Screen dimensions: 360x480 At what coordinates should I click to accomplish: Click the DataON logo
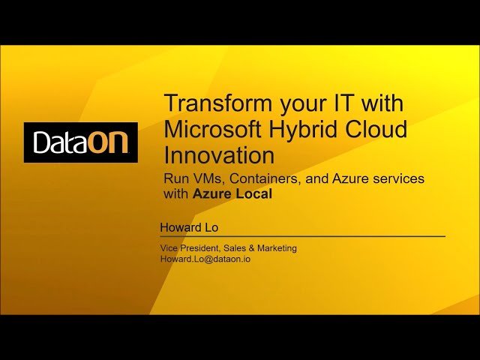click(x=80, y=142)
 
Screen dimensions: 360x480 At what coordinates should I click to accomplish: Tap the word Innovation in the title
click(x=219, y=155)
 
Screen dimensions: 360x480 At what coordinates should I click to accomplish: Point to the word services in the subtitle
click(x=398, y=179)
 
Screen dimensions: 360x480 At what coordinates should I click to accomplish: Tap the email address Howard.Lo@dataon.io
click(x=205, y=259)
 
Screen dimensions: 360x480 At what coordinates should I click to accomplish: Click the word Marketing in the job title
click(x=275, y=247)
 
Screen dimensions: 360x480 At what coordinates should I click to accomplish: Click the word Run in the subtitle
click(x=176, y=179)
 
